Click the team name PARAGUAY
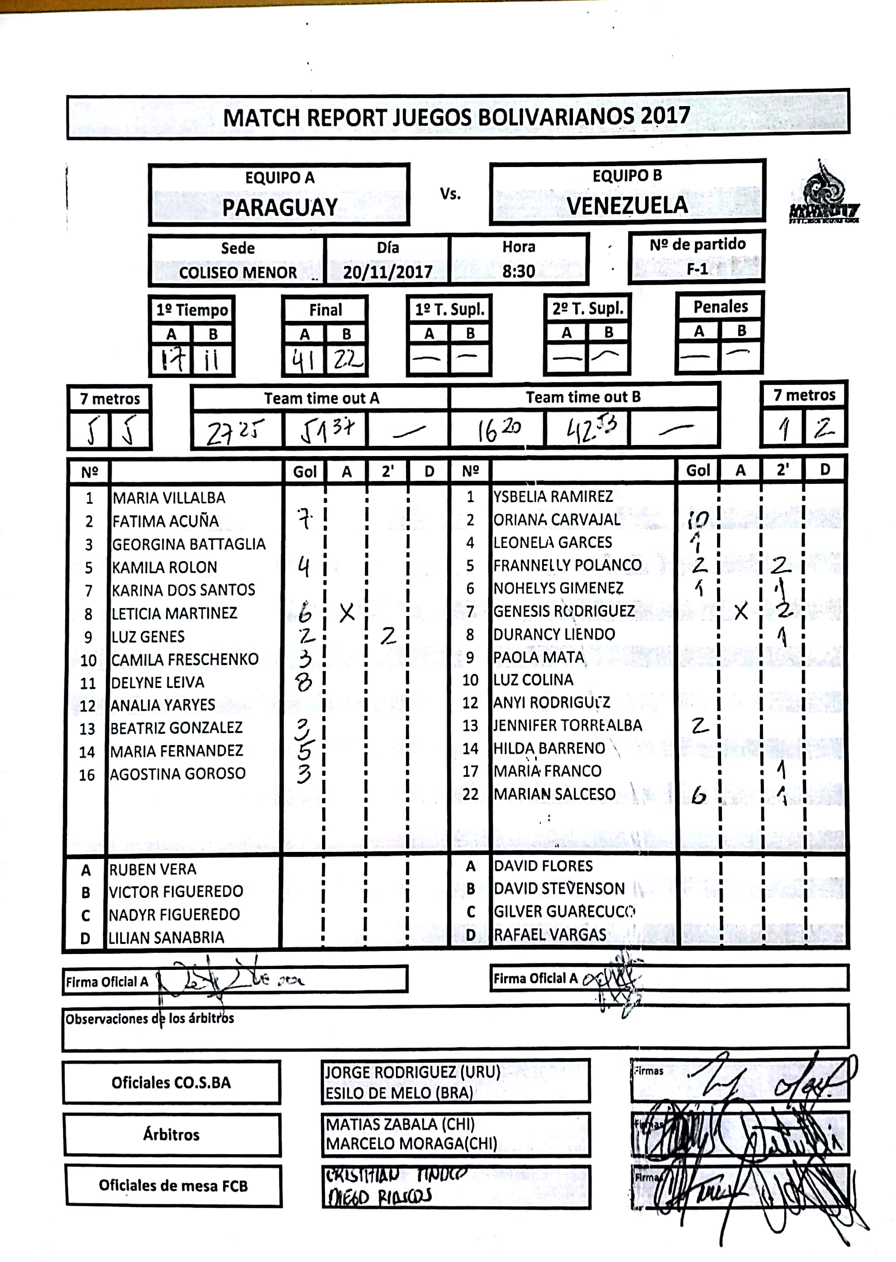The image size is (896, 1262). pos(280,208)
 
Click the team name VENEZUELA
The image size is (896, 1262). pos(627,206)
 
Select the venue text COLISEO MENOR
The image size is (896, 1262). pos(238,273)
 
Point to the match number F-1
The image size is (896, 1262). pos(697,269)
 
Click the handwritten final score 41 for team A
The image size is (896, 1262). pos(303,361)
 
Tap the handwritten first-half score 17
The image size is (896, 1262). pos(171,361)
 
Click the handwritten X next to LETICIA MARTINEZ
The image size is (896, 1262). pos(347,612)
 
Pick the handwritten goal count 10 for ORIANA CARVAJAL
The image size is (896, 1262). pos(698,519)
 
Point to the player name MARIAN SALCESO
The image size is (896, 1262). pos(554,794)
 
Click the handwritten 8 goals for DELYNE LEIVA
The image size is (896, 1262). pos(304,683)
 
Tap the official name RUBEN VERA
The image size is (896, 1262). pos(153,870)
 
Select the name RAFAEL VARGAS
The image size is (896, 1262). pos(550,935)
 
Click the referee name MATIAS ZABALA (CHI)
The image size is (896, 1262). pos(400,1124)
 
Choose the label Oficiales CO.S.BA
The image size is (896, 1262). pos(171,1083)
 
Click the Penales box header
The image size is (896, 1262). pos(720,307)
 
